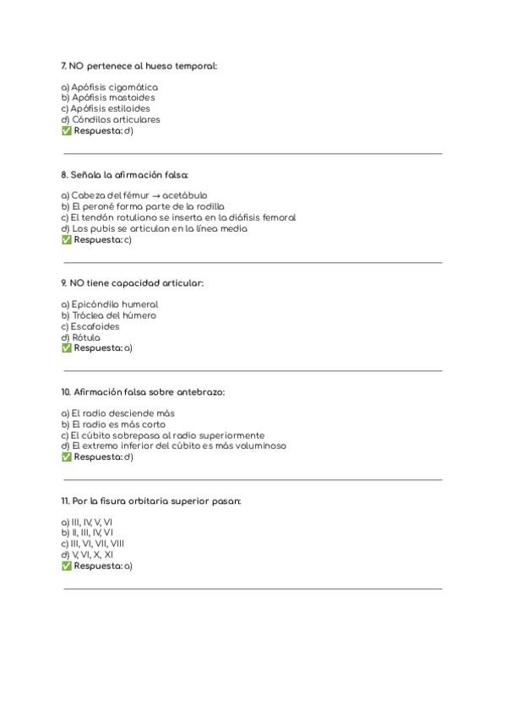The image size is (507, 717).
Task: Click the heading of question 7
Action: pyautogui.click(x=139, y=66)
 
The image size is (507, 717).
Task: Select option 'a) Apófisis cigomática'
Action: pyautogui.click(x=109, y=87)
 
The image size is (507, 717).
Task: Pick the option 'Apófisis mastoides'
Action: pyautogui.click(x=107, y=98)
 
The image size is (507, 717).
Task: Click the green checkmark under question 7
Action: pyautogui.click(x=66, y=131)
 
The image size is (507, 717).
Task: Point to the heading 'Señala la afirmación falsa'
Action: pyautogui.click(x=124, y=175)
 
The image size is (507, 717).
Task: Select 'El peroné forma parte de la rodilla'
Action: pyautogui.click(x=142, y=206)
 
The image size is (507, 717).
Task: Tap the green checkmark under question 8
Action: pyautogui.click(x=66, y=239)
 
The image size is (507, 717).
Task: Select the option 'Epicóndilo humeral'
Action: pyautogui.click(x=109, y=304)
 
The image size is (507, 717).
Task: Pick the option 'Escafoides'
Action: pyautogui.click(x=90, y=326)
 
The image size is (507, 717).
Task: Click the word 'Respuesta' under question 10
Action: pyautogui.click(x=97, y=457)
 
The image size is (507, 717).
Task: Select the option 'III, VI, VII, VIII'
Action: pyautogui.click(x=92, y=544)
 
